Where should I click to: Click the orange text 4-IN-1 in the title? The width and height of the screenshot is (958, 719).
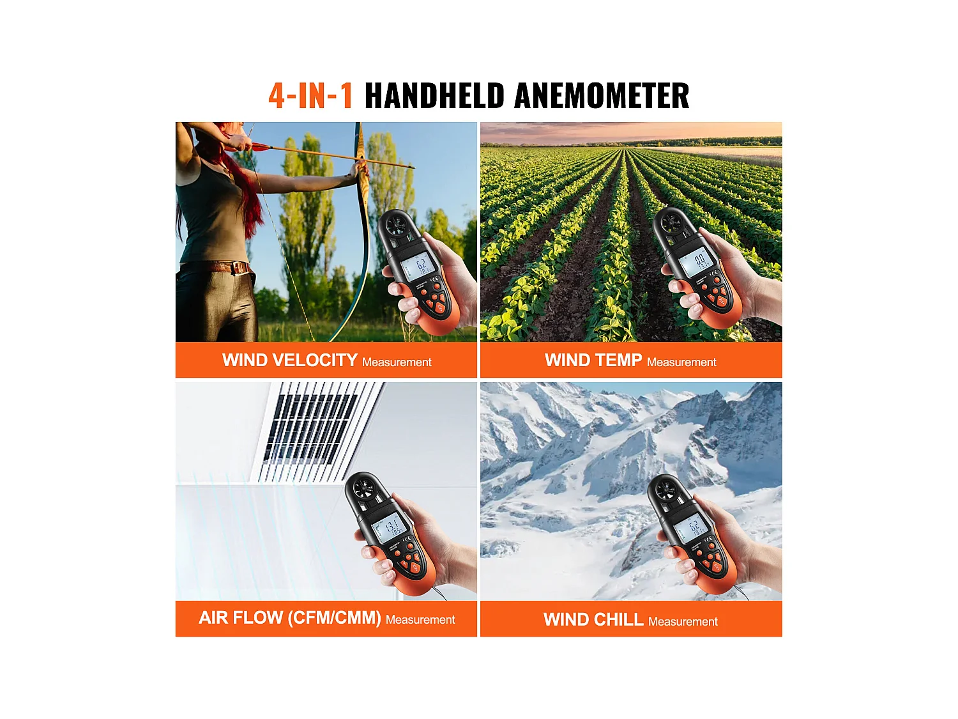pyautogui.click(x=310, y=96)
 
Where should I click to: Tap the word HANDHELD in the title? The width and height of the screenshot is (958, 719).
pyautogui.click(x=434, y=96)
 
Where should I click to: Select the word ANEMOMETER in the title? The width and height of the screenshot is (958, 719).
pyautogui.click(x=602, y=96)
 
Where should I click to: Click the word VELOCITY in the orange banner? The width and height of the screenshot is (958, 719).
pyautogui.click(x=315, y=360)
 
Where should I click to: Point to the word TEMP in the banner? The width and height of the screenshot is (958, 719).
pyautogui.click(x=618, y=360)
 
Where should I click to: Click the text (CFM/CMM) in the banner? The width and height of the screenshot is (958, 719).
pyautogui.click(x=334, y=618)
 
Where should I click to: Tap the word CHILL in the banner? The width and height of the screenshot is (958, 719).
pyautogui.click(x=618, y=619)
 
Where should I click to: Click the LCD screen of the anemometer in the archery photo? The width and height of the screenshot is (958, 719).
pyautogui.click(x=419, y=266)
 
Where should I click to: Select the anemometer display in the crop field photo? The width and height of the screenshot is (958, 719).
pyautogui.click(x=696, y=262)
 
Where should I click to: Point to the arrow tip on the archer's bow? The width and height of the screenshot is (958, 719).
pyautogui.click(x=412, y=168)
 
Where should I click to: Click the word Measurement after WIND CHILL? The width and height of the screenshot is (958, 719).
pyautogui.click(x=683, y=621)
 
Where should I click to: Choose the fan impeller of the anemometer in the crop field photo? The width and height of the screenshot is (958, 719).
pyautogui.click(x=671, y=222)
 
